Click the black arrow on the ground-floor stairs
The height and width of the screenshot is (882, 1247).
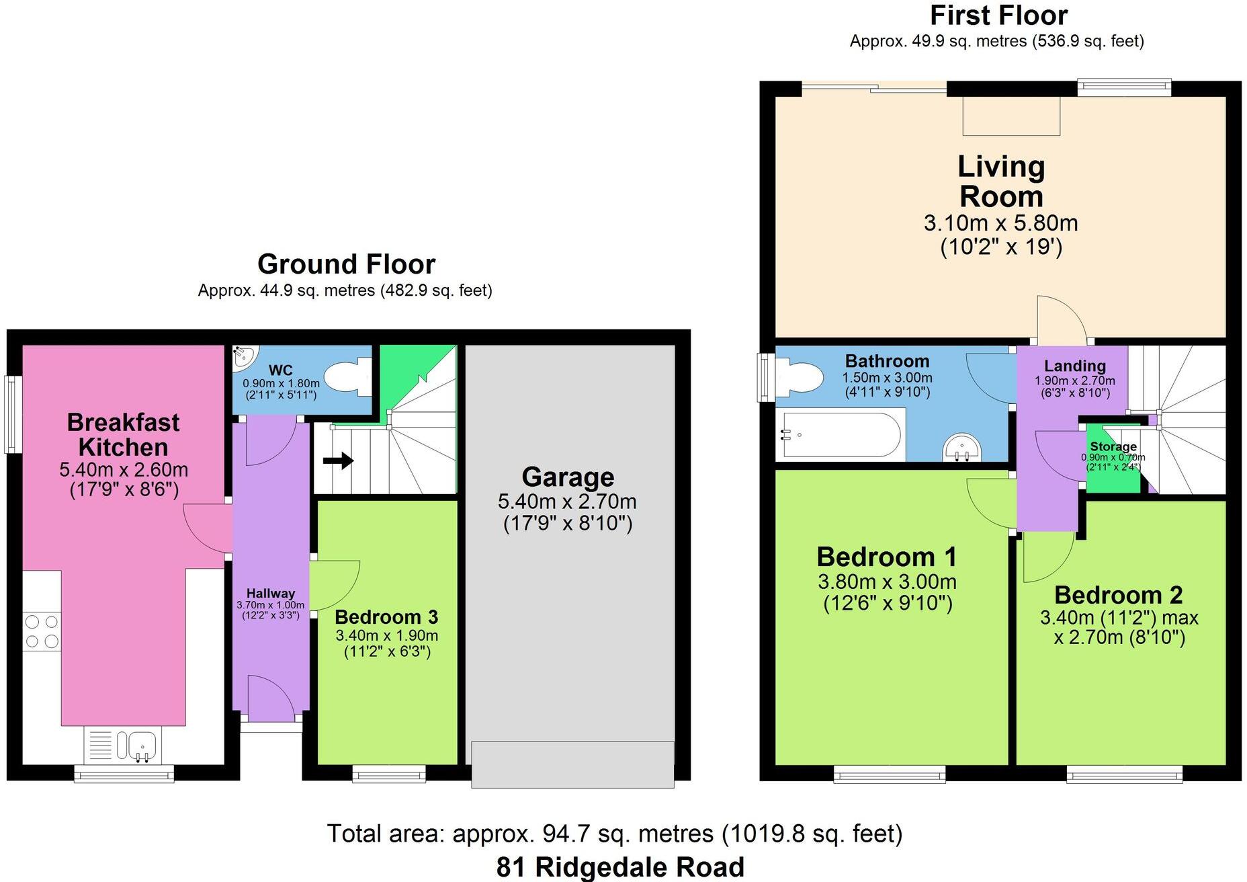338,460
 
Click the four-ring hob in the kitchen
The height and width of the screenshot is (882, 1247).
42,632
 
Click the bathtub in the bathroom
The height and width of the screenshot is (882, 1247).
840,435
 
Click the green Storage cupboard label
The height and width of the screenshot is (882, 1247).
1113,447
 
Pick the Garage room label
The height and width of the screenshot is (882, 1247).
568,477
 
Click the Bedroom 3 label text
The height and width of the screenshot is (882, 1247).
386,616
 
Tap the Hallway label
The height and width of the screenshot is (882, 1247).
270,593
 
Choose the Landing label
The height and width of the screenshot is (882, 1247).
1074,366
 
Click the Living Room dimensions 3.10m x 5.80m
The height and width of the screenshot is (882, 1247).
1000,223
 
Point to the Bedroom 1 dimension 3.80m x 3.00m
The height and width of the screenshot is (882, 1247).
887,582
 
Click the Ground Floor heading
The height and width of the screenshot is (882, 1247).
346,264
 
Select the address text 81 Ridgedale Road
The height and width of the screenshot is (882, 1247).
620,867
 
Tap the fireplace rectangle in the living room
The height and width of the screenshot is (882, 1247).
1011,116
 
